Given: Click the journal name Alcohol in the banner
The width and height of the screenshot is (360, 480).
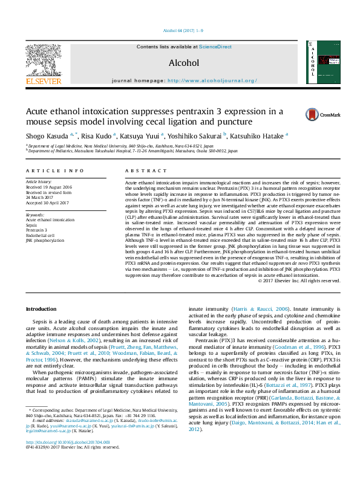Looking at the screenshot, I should (x=183, y=62).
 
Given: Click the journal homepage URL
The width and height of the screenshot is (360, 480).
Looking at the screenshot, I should (x=210, y=80).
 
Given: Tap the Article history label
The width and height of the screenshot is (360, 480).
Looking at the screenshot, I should (x=39, y=181).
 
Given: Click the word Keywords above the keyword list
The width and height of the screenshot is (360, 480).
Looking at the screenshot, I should (x=34, y=215).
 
